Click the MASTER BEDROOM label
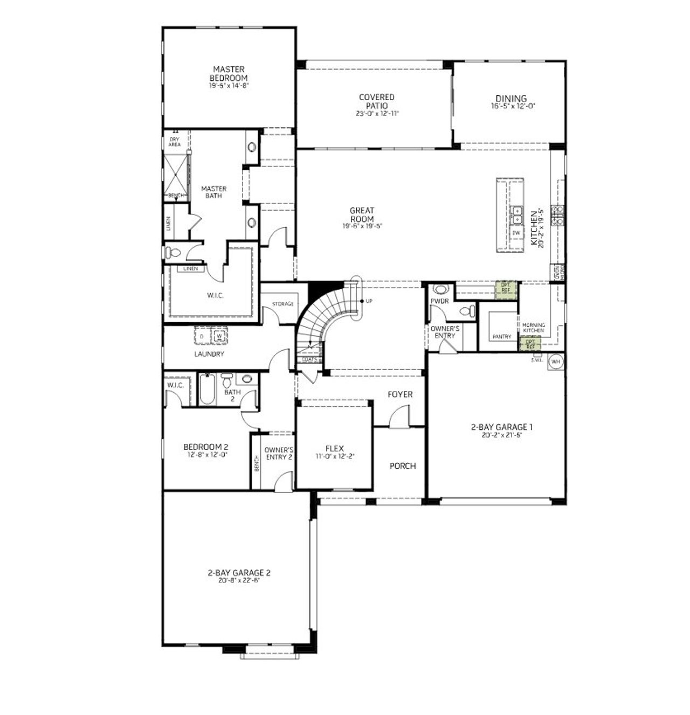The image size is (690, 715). point(229,74)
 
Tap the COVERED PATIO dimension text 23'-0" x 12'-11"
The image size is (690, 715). point(377,114)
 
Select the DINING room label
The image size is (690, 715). point(511,99)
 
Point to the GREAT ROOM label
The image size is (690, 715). point(362,215)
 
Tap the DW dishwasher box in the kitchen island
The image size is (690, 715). point(516,233)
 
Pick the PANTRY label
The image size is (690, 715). point(501,337)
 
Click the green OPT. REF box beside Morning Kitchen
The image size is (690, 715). point(530,343)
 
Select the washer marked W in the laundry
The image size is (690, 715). point(219,337)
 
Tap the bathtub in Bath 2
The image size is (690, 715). point(208,390)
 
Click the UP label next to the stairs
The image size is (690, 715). point(369,301)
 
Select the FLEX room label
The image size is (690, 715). point(334,448)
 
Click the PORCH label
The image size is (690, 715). point(403,466)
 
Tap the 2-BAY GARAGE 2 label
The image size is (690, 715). point(239,573)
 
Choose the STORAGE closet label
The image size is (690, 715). point(282,304)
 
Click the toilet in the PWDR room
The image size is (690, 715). point(468,311)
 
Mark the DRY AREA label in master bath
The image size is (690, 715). point(175,142)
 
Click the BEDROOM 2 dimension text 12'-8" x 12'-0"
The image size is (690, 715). point(206,455)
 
